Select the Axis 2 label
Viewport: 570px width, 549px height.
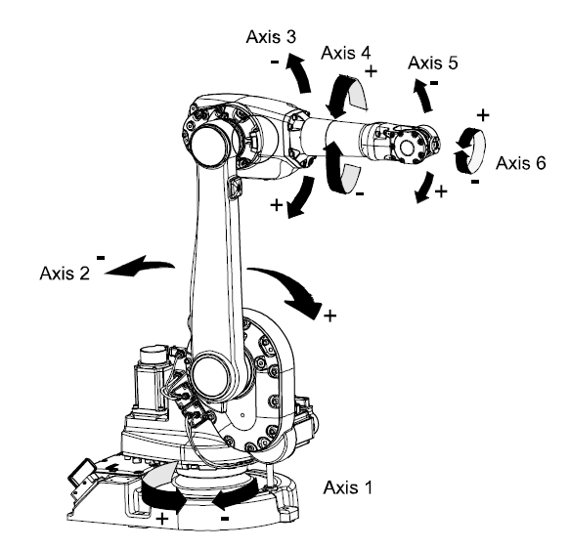click(x=64, y=274)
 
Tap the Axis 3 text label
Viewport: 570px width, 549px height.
click(x=274, y=35)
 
